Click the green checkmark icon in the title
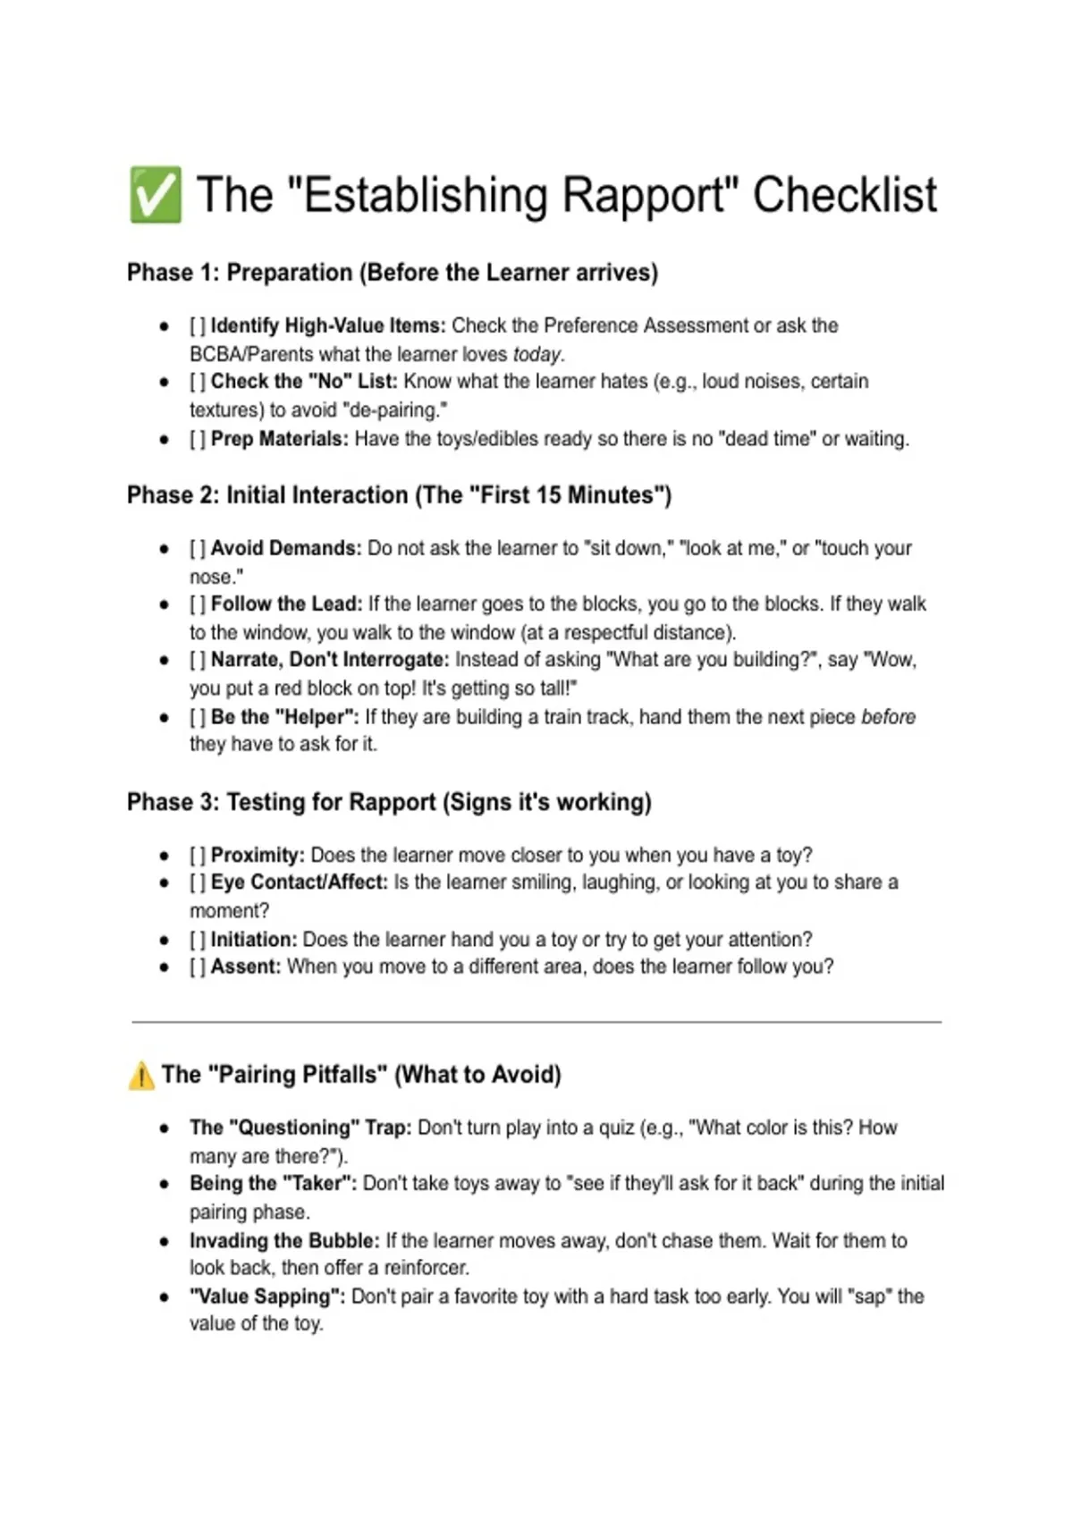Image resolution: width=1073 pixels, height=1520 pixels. tap(155, 194)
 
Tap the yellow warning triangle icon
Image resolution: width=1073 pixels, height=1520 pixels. tap(141, 1075)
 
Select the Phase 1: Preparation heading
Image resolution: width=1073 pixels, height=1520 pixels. tap(392, 273)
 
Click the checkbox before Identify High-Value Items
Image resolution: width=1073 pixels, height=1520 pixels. tap(198, 326)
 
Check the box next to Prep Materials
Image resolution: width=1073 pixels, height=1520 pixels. tap(198, 439)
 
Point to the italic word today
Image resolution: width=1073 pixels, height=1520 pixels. tap(536, 354)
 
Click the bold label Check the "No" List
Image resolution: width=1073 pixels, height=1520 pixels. tap(304, 382)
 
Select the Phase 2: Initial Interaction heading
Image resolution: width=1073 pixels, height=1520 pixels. tap(399, 495)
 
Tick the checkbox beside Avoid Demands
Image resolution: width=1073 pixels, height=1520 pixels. tap(198, 549)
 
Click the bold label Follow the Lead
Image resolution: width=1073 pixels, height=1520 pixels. tap(286, 604)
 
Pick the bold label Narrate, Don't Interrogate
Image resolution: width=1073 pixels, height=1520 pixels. tap(330, 660)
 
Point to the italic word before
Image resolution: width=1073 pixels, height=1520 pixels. tap(888, 717)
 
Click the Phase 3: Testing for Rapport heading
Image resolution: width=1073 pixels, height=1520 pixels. tap(389, 802)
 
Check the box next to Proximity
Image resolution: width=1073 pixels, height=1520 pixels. tap(198, 856)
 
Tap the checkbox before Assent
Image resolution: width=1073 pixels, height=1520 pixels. tap(198, 967)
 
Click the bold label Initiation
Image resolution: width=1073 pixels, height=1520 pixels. tap(254, 940)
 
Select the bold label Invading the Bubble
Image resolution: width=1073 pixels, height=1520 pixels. tap(284, 1241)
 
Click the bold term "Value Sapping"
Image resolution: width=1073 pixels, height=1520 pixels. tap(266, 1296)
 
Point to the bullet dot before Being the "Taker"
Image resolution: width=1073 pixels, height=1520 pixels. tap(165, 1184)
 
